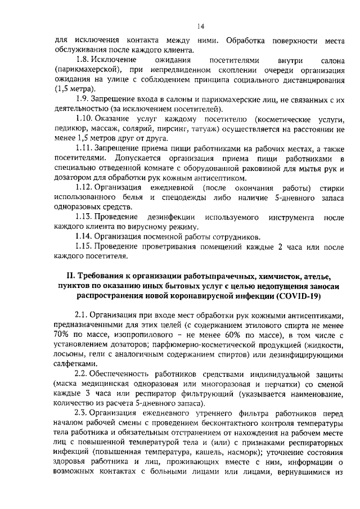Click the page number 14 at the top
tap(200, 25)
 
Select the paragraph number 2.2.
tap(82, 373)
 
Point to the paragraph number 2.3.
tap(82, 413)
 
